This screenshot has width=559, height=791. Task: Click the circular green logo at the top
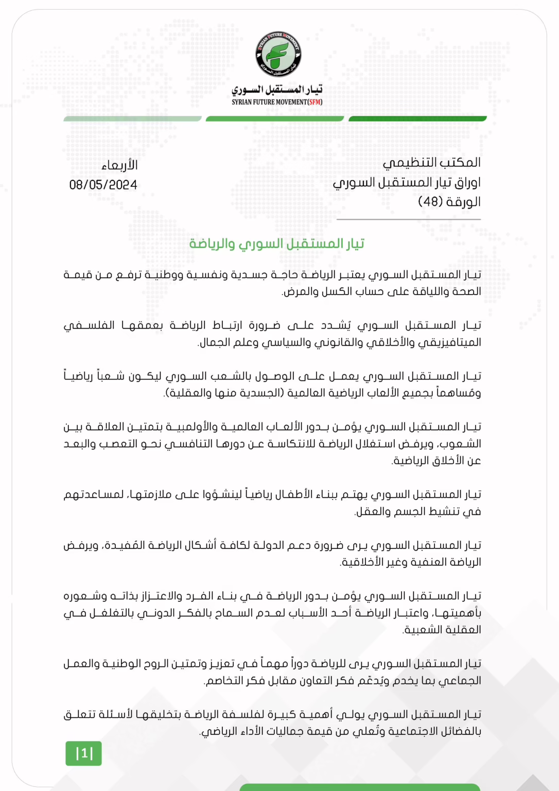[x=278, y=55]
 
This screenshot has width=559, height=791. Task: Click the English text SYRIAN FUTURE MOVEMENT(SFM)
[x=277, y=102]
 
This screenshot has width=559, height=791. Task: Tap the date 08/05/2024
[x=103, y=185]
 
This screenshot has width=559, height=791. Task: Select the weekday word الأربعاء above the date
[x=119, y=165]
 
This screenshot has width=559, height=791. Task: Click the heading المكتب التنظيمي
[x=431, y=163]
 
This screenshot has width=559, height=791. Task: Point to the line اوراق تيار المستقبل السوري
[x=407, y=182]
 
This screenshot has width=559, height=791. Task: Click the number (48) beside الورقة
[x=430, y=201]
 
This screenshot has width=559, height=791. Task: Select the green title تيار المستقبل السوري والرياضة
[x=277, y=244]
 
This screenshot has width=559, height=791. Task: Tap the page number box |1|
[x=83, y=753]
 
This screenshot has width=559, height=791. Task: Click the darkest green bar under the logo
[x=417, y=119]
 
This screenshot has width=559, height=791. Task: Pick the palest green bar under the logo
[x=132, y=119]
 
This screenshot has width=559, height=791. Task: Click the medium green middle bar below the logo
[x=274, y=119]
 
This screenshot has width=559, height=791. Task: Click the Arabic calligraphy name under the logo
[x=277, y=90]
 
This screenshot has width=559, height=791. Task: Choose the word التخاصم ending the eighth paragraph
[x=225, y=681]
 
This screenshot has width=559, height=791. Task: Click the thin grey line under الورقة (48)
[x=408, y=219]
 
